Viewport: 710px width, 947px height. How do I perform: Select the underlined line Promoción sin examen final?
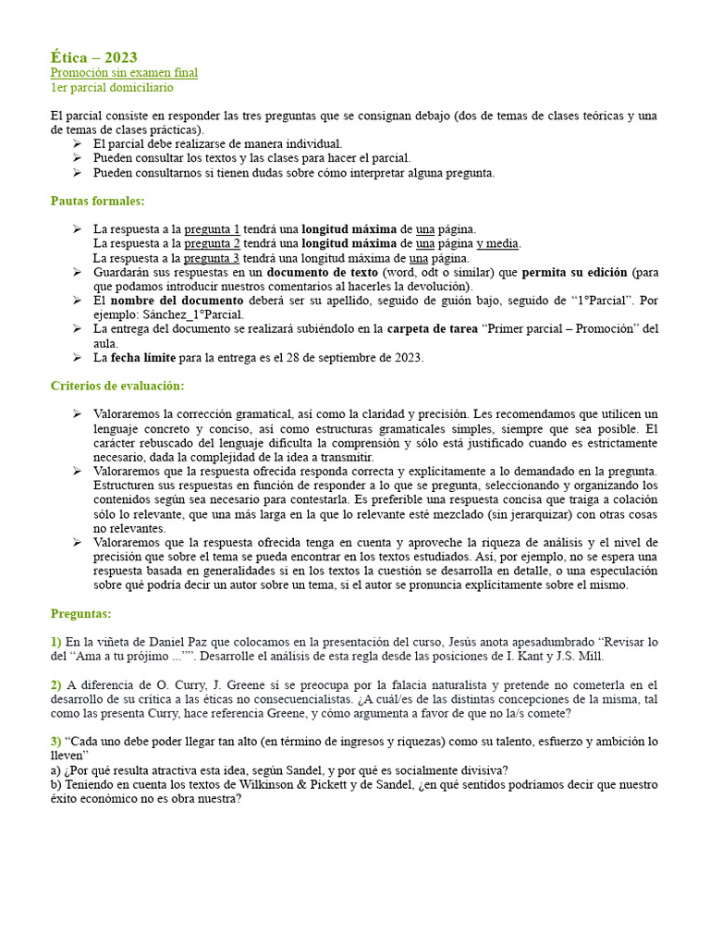coord(124,72)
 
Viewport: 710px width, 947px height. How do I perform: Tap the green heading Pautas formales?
coord(97,201)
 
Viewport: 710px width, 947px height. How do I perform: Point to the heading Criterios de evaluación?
coord(117,385)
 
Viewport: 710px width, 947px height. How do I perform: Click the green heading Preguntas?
coord(80,613)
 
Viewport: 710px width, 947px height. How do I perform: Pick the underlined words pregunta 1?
coord(212,228)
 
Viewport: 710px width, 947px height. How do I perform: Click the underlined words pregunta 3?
coord(212,258)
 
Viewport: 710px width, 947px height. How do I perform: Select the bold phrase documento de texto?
coord(323,273)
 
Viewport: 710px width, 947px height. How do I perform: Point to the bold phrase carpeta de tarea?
coord(432,329)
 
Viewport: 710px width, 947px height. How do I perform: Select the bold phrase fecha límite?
coord(141,358)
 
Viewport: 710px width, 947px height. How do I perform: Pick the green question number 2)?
coord(56,685)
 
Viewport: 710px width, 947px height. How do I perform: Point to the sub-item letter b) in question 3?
coord(55,784)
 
